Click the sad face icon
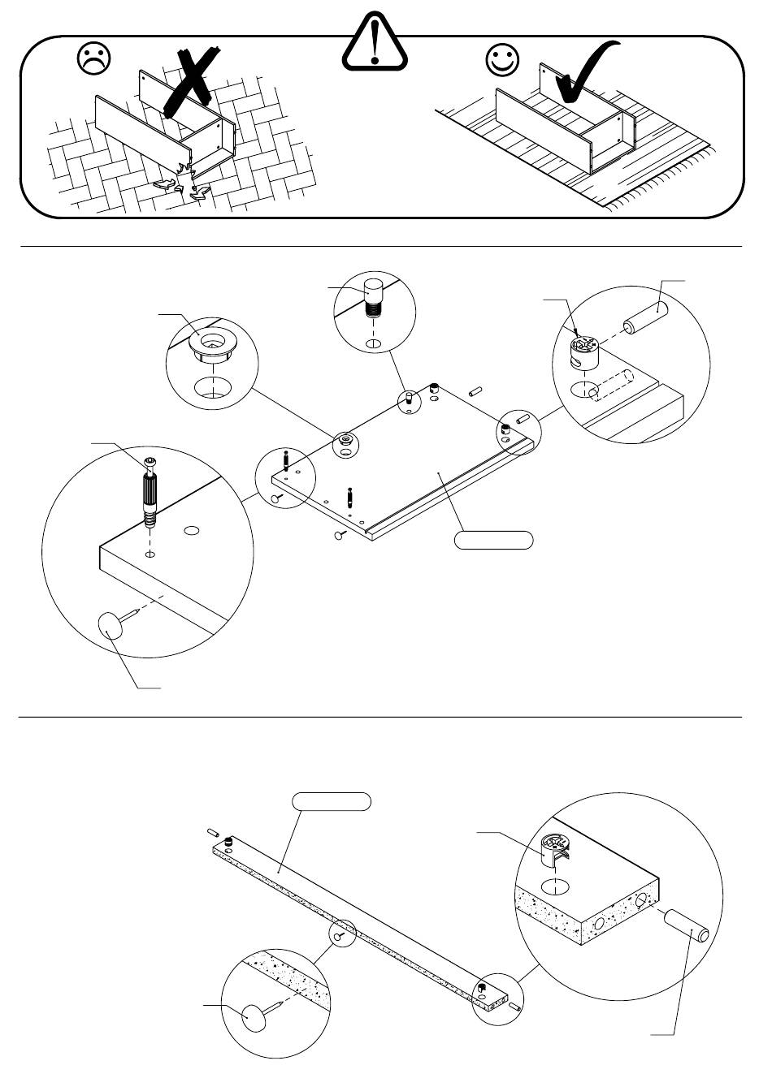[93, 59]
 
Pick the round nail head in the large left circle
[114, 627]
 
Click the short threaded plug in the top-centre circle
[373, 296]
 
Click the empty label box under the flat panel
[493, 540]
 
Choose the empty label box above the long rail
[332, 802]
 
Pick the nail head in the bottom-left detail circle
[254, 1016]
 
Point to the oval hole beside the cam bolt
[192, 531]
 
